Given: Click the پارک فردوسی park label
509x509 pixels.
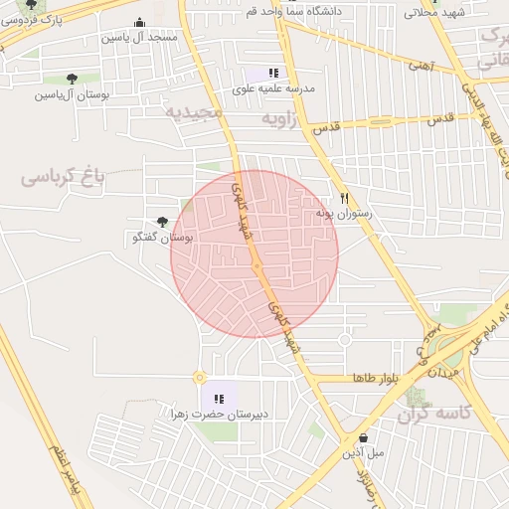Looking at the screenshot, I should pos(41,19).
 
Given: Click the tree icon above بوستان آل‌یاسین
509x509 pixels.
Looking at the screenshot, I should pos(72,79).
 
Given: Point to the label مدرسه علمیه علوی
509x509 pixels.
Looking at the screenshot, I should pos(273,88).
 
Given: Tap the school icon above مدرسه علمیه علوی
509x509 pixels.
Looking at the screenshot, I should pos(273,73).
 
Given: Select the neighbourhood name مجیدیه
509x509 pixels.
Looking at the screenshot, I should pos(195,111).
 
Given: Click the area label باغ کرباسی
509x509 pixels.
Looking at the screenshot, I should pos(63,178).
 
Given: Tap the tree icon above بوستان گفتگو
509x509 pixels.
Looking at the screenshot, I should pos(163,223).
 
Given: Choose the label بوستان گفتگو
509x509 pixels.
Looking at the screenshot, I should pos(164,238).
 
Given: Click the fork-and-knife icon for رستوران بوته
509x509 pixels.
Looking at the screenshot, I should pos(344,198).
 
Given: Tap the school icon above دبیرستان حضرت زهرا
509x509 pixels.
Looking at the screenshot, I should pos(219,398).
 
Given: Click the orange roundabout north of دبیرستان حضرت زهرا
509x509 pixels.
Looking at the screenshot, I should pos(200,378).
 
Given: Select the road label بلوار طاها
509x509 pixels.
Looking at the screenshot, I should pos(375,379).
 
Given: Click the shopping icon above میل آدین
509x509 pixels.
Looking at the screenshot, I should pos(363,437).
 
